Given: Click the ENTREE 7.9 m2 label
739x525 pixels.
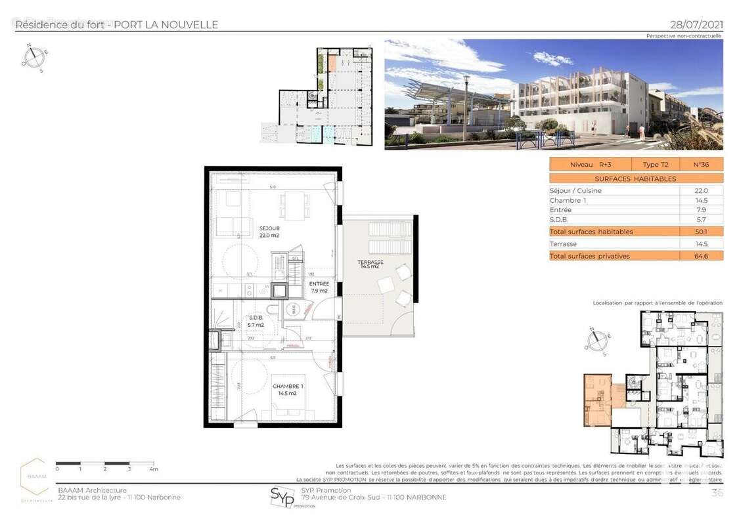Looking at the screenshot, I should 319,287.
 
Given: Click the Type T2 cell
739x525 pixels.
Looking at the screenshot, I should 655,165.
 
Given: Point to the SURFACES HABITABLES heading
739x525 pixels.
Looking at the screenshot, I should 635,178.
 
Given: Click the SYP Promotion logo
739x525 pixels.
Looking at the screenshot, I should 282,497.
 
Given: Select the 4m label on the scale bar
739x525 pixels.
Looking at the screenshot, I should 154,469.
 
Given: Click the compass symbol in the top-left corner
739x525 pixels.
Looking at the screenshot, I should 34,56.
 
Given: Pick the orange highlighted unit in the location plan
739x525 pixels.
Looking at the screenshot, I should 597,399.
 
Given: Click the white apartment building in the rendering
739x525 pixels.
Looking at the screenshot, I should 578,98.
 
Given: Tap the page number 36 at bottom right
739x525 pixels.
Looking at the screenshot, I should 717,493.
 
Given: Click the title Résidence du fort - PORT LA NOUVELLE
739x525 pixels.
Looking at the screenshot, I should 116,25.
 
